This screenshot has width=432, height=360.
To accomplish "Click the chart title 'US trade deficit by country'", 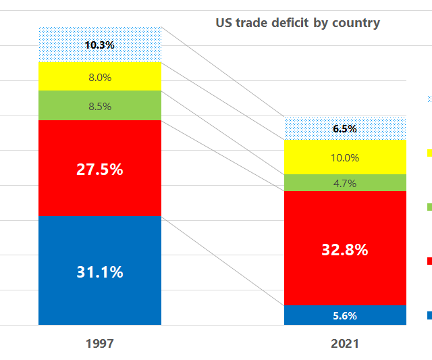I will tap(298, 23).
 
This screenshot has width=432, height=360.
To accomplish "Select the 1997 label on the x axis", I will tap(100, 344).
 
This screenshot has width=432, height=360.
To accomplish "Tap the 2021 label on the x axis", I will tap(345, 344).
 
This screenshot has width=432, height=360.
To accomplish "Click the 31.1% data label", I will tap(99, 272).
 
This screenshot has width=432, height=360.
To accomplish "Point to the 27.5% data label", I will tap(99, 170).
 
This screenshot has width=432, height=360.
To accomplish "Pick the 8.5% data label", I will tap(99, 106).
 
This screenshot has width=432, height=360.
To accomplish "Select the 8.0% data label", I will tap(99, 77).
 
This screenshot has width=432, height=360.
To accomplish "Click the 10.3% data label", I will tap(99, 45).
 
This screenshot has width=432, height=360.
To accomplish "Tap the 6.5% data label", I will tap(345, 129).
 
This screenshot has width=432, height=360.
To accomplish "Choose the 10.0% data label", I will tap(345, 157).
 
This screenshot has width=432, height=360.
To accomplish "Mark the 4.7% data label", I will tap(345, 183).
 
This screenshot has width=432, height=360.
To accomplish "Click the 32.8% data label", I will tap(345, 249).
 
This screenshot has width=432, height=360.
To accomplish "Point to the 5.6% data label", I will tap(345, 315).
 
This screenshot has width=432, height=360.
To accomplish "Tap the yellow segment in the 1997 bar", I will tap(61, 76).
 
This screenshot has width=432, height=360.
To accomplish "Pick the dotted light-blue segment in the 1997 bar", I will tap(61, 45).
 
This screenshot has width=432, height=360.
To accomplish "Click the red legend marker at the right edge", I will tap(429, 261).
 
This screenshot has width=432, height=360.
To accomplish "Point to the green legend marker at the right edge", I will tap(429, 207).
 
